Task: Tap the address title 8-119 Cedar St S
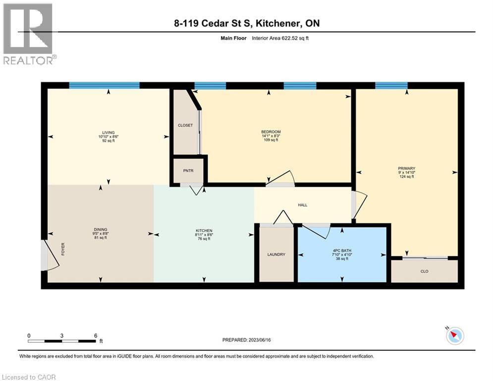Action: [246, 23]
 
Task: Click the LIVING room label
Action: [108, 132]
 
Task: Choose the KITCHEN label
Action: [204, 231]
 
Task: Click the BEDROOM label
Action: [271, 132]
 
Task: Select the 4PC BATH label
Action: [342, 251]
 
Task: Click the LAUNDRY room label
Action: [276, 254]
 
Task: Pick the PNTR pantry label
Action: [189, 171]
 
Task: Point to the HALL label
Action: [303, 204]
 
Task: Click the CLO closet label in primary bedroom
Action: [424, 271]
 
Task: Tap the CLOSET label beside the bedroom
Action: [185, 126]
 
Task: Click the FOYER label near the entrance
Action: [63, 249]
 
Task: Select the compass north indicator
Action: [454, 336]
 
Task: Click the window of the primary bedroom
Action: [391, 85]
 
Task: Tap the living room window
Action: [104, 85]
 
